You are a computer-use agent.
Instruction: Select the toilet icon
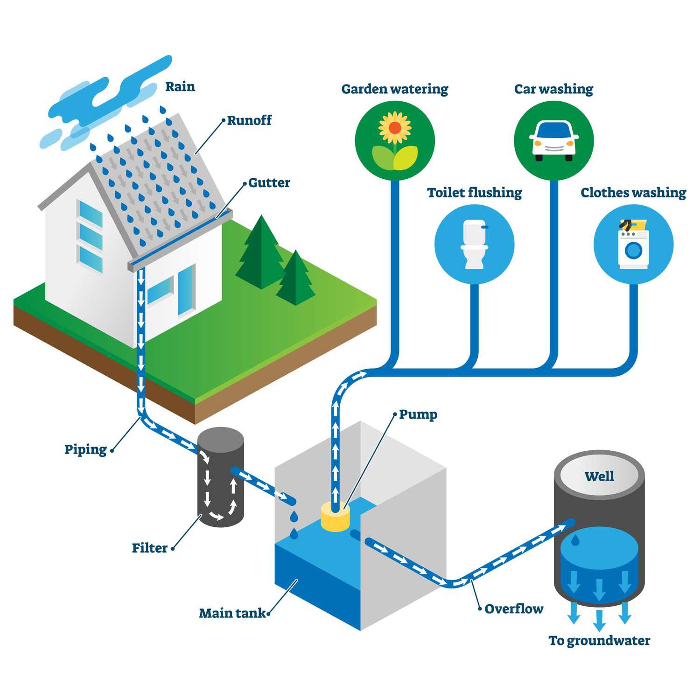click(474, 244)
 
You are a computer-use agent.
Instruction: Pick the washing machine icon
click(633, 246)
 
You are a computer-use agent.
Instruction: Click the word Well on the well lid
click(599, 476)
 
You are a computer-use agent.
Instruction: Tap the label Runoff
click(249, 120)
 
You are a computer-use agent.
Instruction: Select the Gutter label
click(269, 183)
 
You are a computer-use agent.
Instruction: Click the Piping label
click(85, 449)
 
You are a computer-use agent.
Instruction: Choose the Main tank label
click(232, 613)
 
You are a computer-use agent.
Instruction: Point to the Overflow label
click(514, 609)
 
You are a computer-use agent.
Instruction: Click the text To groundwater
click(599, 641)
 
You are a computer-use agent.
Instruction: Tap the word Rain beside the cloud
click(180, 87)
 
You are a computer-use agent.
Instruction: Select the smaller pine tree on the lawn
click(295, 280)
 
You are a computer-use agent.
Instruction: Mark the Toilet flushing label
click(474, 193)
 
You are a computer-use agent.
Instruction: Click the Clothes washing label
click(633, 193)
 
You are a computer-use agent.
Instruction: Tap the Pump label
click(418, 414)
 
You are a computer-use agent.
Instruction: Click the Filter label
click(149, 548)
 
